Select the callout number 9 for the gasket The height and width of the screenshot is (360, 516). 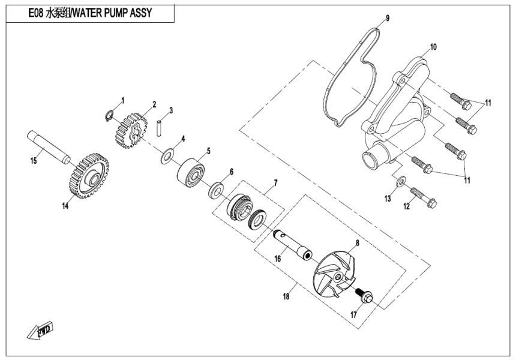coord(387,18)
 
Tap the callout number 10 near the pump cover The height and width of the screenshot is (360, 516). coord(433,47)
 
